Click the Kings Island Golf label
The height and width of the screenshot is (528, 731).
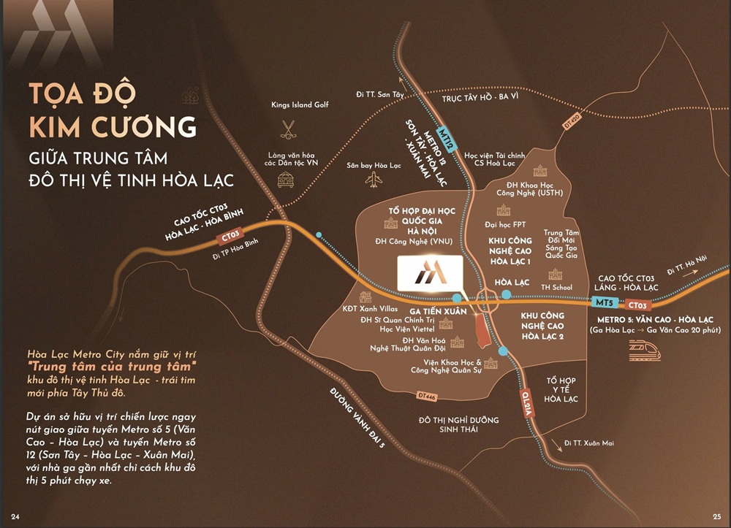pyautogui.click(x=300, y=105)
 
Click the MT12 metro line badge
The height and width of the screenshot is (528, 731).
pyautogui.click(x=450, y=133)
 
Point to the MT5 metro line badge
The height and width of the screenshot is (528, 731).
pyautogui.click(x=604, y=302)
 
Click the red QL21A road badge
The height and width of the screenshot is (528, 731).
pyautogui.click(x=528, y=405)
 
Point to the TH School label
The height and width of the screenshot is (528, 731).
pyautogui.click(x=556, y=288)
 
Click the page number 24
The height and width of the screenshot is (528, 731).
pyautogui.click(x=14, y=517)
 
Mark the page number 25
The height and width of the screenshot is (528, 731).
pyautogui.click(x=716, y=517)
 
